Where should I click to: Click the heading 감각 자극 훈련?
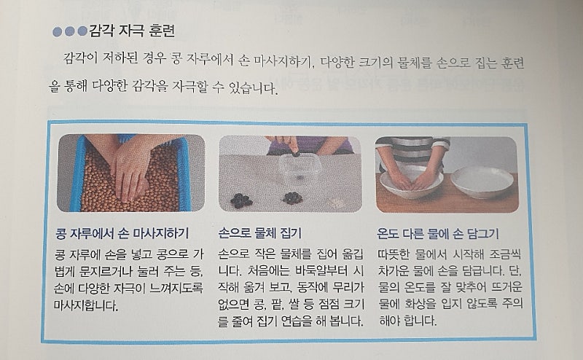point(132,31)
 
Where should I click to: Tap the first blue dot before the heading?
point(58,31)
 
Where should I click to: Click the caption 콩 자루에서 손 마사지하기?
point(122,233)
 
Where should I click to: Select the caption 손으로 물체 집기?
point(260,233)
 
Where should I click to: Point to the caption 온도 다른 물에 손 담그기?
point(438,234)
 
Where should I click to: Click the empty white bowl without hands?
point(482,182)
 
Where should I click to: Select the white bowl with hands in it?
point(410,182)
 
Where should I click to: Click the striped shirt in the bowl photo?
point(413,148)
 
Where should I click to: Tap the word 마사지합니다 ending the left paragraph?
point(86,305)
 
